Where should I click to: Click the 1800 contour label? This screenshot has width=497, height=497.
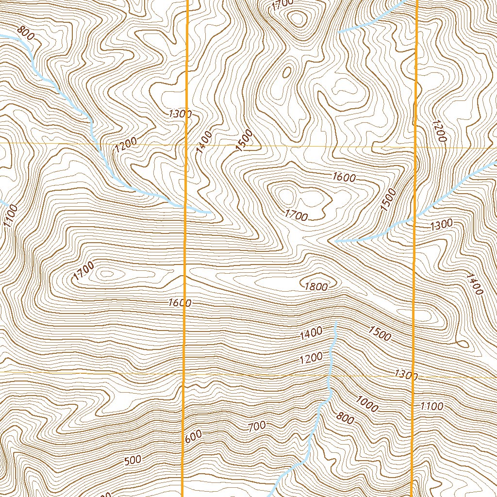(316, 286)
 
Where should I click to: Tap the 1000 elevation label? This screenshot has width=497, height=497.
(366, 404)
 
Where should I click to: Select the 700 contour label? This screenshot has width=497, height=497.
(257, 426)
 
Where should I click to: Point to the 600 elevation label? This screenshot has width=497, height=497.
(193, 436)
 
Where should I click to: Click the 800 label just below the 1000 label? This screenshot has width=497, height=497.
(345, 417)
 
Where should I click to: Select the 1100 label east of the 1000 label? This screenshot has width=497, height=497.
(431, 406)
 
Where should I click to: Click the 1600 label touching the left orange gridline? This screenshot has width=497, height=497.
(180, 303)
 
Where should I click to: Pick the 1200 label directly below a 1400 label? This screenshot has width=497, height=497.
(311, 359)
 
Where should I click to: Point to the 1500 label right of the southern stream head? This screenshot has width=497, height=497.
(380, 333)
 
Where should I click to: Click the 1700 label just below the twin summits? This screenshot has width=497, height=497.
(296, 215)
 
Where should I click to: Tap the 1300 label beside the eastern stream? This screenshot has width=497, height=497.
(441, 224)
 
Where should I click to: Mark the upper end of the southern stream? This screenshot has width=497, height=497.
(335, 322)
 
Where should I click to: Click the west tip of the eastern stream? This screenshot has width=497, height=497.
(336, 241)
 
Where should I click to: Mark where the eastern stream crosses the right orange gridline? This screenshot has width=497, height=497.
(415, 216)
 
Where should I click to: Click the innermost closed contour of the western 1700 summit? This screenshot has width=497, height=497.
(105, 274)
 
